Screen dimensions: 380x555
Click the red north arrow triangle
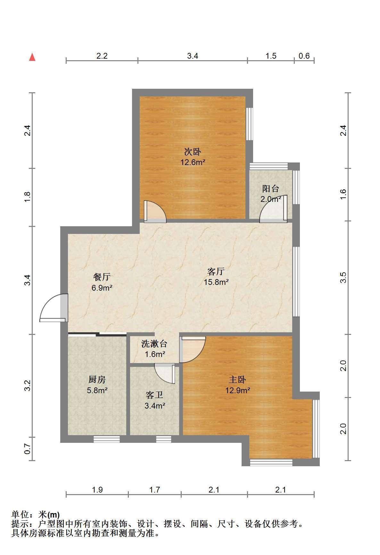pyautogui.click(x=32, y=57)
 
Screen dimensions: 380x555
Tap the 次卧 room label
pyautogui.click(x=192, y=151)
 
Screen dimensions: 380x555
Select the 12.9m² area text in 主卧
pyautogui.click(x=237, y=390)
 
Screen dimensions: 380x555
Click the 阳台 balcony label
pyautogui.click(x=270, y=188)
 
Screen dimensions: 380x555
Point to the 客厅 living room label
pyautogui.click(x=216, y=272)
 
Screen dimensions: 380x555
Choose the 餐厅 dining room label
pyautogui.click(x=102, y=277)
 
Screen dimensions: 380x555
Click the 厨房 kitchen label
pyautogui.click(x=97, y=380)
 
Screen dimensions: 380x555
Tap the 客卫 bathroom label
pyautogui.click(x=155, y=395)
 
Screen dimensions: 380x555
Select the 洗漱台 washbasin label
pyautogui.click(x=154, y=344)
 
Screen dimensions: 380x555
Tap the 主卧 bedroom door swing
pyautogui.click(x=192, y=350)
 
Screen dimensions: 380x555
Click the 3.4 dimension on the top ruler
pyautogui.click(x=193, y=56)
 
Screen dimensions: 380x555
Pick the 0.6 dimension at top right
pyautogui.click(x=304, y=56)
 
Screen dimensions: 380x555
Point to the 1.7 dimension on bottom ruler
pyautogui.click(x=154, y=490)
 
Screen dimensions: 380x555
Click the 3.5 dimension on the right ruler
pyautogui.click(x=343, y=277)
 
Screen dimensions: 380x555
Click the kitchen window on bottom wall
pyautogui.click(x=107, y=439)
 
